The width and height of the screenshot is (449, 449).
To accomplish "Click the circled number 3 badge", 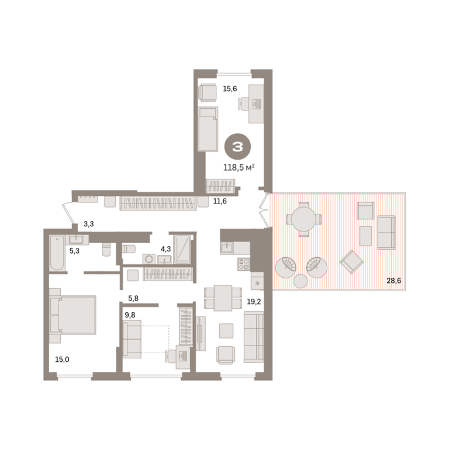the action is point(237,147).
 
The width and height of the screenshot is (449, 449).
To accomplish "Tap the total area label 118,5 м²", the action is point(239,168).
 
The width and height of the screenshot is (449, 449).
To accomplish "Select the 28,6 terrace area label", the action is point(393,281).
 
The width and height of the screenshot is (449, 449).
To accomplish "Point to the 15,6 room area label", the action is point(230,89).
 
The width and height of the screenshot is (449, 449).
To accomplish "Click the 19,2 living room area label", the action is point(254,302).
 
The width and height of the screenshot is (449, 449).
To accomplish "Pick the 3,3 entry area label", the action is point(88,224).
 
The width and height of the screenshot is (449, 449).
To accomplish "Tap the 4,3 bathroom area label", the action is point(165,249).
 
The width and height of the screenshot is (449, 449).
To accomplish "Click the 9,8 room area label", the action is point(130,315).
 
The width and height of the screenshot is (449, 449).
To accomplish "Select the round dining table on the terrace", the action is point(303,219).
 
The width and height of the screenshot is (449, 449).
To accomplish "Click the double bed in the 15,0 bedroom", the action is point(73,315).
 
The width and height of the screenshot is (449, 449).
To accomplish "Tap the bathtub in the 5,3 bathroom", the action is point(57,253).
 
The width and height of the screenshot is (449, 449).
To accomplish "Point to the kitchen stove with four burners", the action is point(244,264).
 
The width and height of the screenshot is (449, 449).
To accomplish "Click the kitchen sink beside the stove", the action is point(227,248).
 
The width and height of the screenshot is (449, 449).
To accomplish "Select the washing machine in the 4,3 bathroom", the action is point(149,259).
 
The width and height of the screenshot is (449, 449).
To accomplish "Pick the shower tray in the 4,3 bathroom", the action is point(182,249).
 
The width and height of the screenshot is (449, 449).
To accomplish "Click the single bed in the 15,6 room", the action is point(208,129).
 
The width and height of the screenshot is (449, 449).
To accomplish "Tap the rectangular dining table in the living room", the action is point(223,298).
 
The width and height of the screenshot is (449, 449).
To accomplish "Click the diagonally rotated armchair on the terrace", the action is point(351,262).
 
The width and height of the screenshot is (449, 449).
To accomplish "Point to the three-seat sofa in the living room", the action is point(254,337).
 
